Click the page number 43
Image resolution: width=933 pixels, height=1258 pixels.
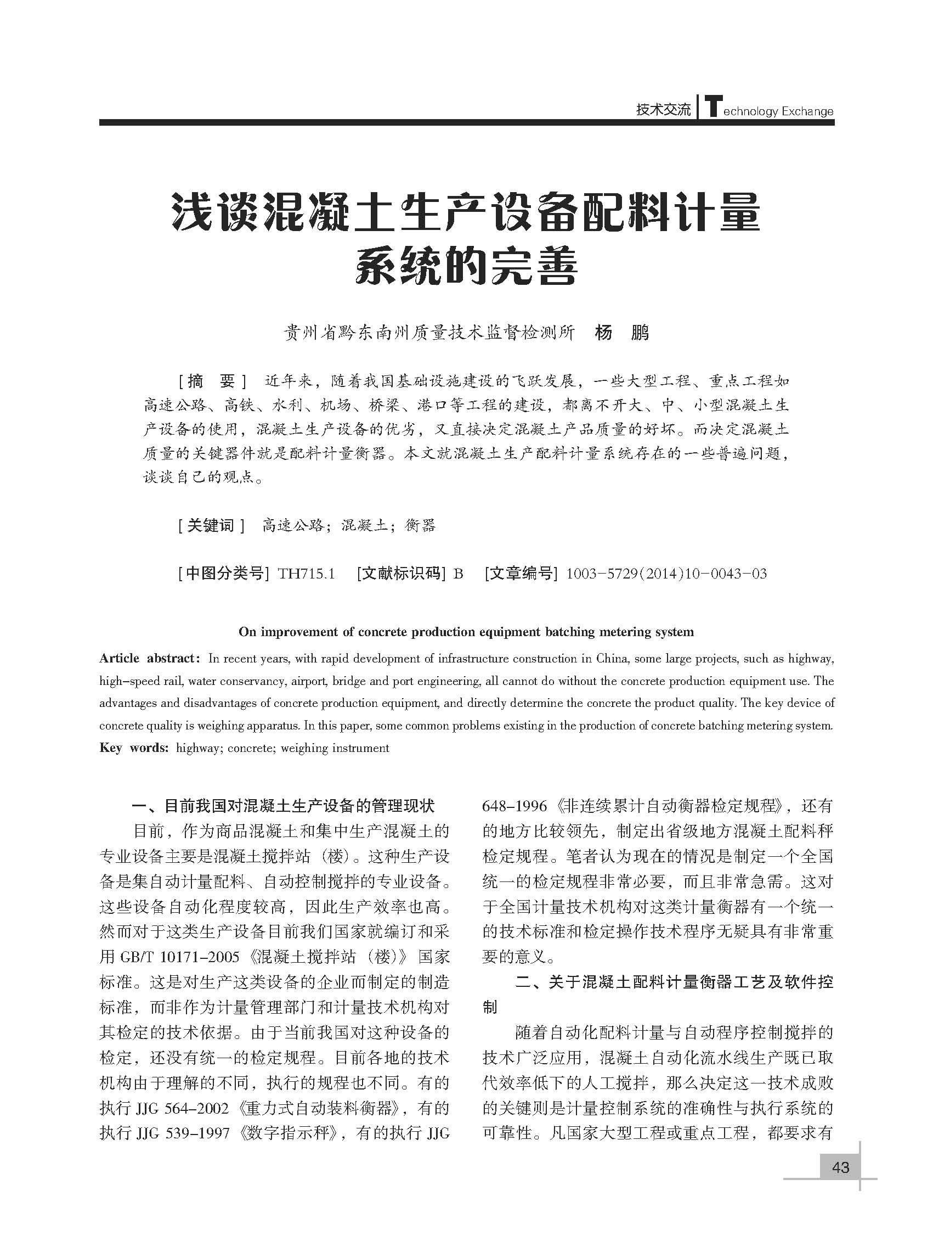(840, 1167)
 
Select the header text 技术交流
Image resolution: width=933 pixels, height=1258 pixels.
(663, 110)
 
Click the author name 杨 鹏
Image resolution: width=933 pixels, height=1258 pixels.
(622, 332)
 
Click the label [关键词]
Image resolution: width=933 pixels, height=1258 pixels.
(211, 526)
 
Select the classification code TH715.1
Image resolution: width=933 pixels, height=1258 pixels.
(307, 574)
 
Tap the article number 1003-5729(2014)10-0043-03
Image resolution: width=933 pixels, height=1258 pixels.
(666, 574)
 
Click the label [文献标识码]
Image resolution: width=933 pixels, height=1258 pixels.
(401, 574)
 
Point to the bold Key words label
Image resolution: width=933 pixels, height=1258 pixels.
(134, 748)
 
